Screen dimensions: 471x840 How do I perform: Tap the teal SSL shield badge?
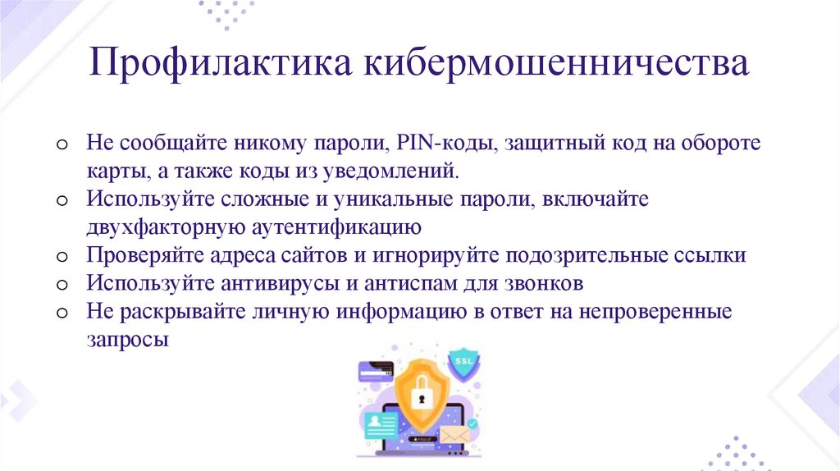pyautogui.click(x=463, y=363)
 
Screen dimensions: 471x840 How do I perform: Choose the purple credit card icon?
pyautogui.click(x=376, y=371)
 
